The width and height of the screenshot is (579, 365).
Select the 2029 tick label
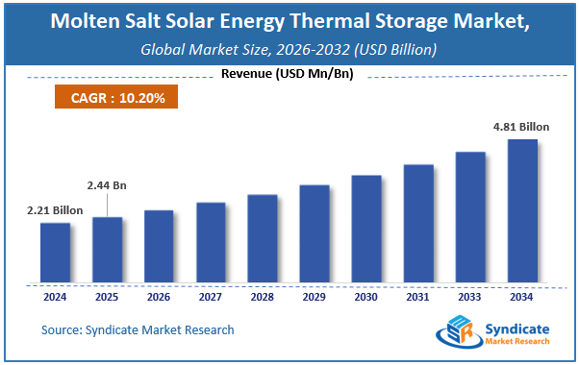tap(315, 297)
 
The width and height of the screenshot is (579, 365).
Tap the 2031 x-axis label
tap(418, 297)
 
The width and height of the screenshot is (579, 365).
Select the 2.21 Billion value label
tap(55, 209)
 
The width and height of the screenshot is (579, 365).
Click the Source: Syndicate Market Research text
tap(138, 329)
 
